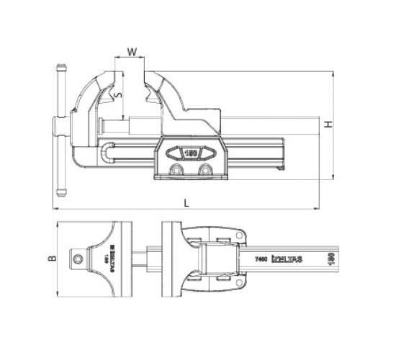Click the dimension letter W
click(x=131, y=51)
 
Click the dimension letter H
click(x=328, y=124)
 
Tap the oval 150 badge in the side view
click(x=191, y=153)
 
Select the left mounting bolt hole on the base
click(x=175, y=169)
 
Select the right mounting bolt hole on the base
click(x=207, y=169)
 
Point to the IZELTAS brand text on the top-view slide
click(x=291, y=258)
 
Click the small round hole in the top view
click(x=76, y=257)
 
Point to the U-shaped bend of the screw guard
click(x=107, y=154)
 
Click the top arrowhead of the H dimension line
click(x=333, y=73)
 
